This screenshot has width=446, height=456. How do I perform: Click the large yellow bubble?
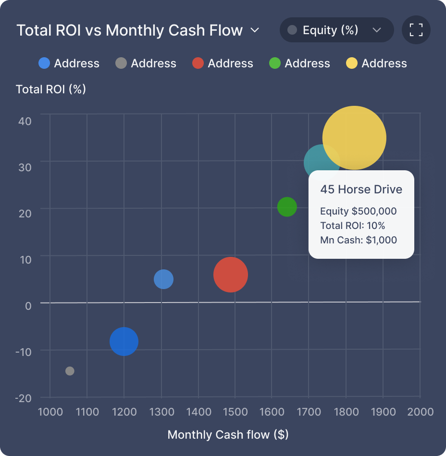[x=354, y=138]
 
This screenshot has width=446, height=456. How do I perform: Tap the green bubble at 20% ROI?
[x=287, y=207]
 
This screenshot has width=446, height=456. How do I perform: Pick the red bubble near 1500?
[x=231, y=275]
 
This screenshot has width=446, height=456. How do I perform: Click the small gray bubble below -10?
[x=70, y=371]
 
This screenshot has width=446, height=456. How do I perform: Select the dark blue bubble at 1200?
[x=124, y=342]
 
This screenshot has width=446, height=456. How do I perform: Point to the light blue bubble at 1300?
[x=163, y=279]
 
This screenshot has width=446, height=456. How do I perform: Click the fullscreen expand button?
[x=416, y=30]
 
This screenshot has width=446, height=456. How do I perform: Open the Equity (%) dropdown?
[x=336, y=30]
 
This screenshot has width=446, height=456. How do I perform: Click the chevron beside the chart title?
[x=255, y=30]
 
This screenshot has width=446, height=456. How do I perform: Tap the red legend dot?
[x=198, y=63]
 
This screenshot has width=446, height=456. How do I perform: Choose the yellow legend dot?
[x=352, y=63]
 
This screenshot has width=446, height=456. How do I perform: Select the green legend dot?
[x=275, y=63]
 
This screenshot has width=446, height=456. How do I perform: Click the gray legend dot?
[x=121, y=63]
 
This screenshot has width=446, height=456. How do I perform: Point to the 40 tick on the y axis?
[x=25, y=121]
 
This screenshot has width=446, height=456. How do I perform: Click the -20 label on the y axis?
[x=23, y=398]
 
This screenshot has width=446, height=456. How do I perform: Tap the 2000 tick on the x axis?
[x=420, y=412]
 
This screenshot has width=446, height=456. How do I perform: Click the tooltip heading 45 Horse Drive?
[x=361, y=190]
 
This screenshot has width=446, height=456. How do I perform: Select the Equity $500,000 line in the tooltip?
[x=358, y=211]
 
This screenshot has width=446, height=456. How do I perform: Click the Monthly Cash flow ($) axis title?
[x=228, y=435]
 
